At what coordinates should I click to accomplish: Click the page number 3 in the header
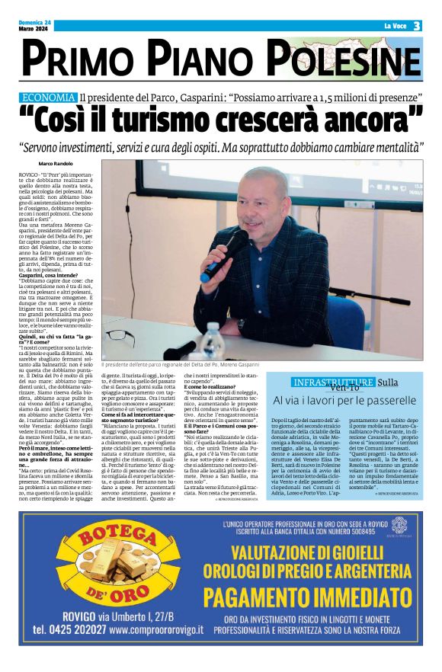(x=418, y=26)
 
